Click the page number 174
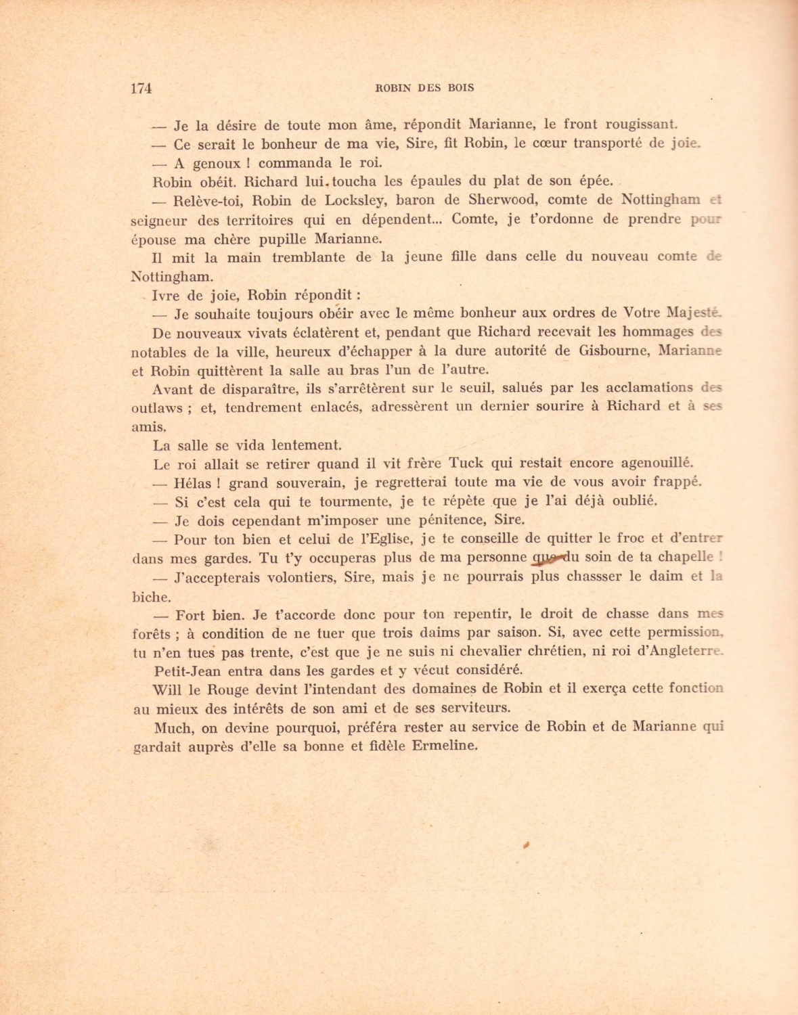[x=141, y=88]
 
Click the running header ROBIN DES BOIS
[x=424, y=87]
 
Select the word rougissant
[x=641, y=125]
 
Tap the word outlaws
[x=156, y=408]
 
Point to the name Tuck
[x=466, y=464]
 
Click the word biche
[x=150, y=597]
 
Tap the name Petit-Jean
[x=187, y=671]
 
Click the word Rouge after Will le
[x=228, y=690]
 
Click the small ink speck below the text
[x=525, y=845]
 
